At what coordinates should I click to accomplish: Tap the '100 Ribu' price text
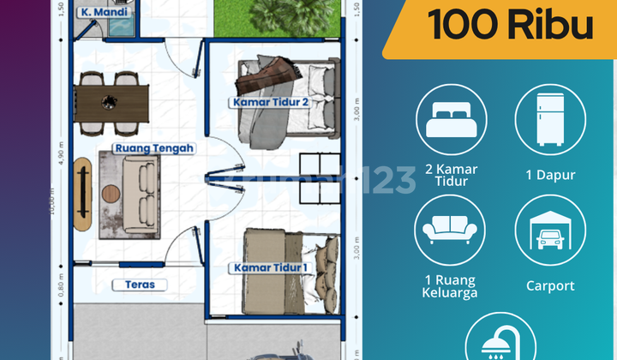[511, 27]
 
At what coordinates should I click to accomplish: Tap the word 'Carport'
[550, 285]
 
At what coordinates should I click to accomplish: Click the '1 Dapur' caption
[550, 175]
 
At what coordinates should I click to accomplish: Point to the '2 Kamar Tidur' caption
[452, 176]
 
